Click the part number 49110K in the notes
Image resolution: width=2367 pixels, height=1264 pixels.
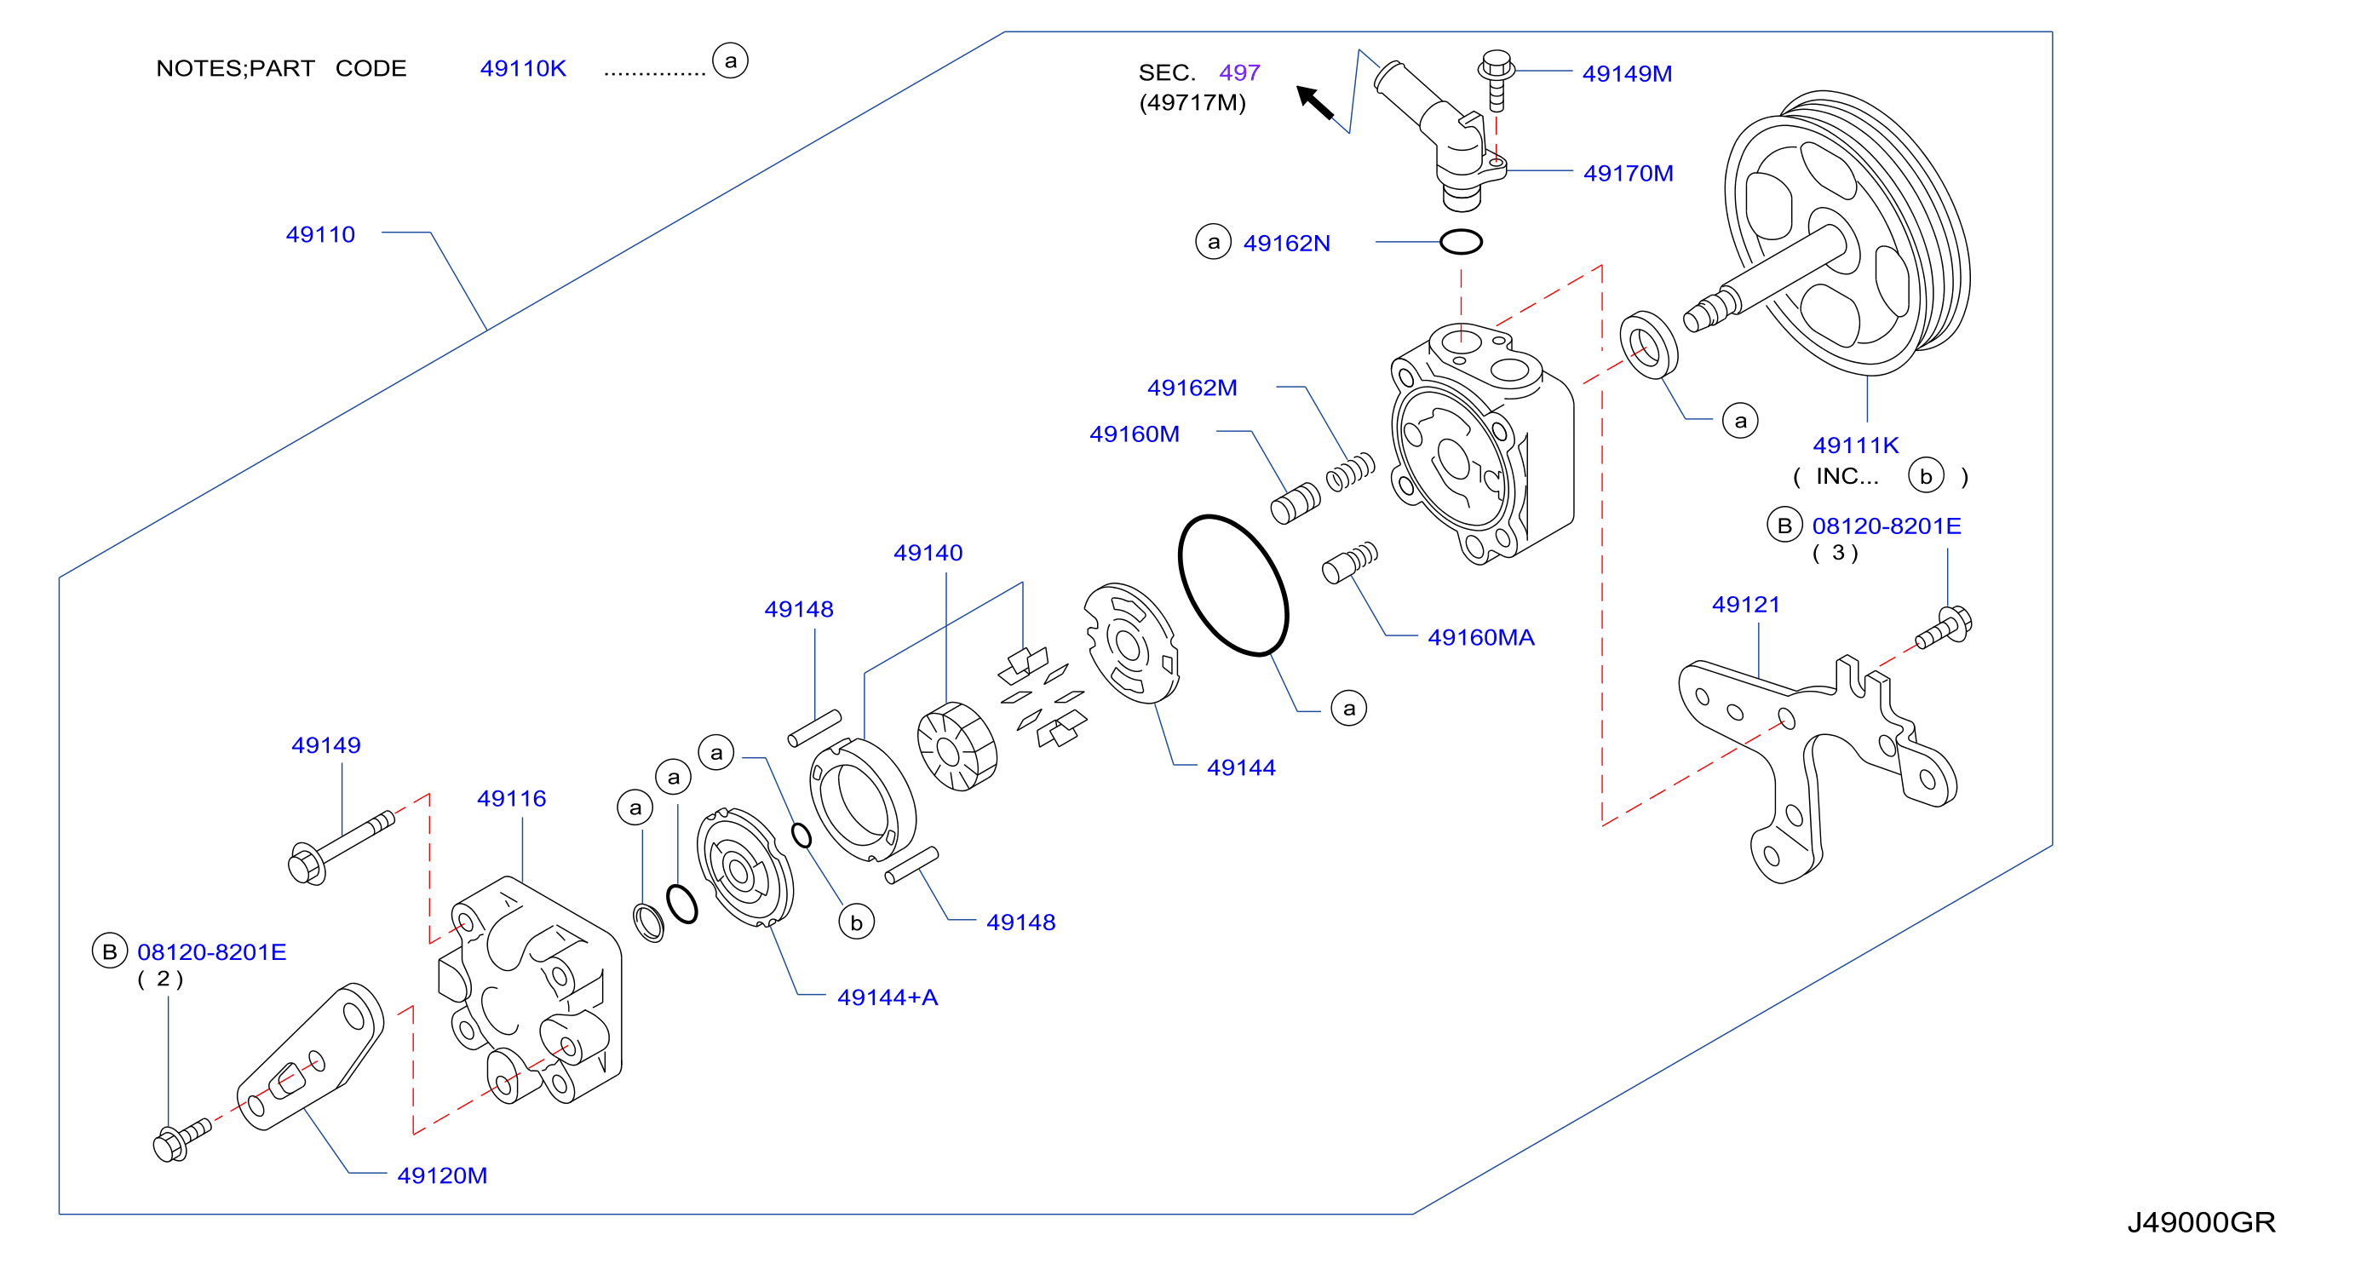coord(523,68)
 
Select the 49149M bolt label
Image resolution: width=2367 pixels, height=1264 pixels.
coord(1626,73)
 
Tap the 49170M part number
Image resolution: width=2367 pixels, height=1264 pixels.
coord(1628,173)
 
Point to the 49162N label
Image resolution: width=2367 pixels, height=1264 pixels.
coord(1286,243)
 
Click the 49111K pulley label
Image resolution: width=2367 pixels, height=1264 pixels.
coord(1855,445)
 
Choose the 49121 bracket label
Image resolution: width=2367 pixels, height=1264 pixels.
coord(1746,605)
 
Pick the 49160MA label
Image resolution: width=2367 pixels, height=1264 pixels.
coord(1480,637)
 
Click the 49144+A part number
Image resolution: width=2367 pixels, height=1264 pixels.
coord(888,997)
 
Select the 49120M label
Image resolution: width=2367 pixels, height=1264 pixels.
coord(442,1175)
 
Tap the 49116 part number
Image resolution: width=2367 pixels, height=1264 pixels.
coord(511,798)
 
